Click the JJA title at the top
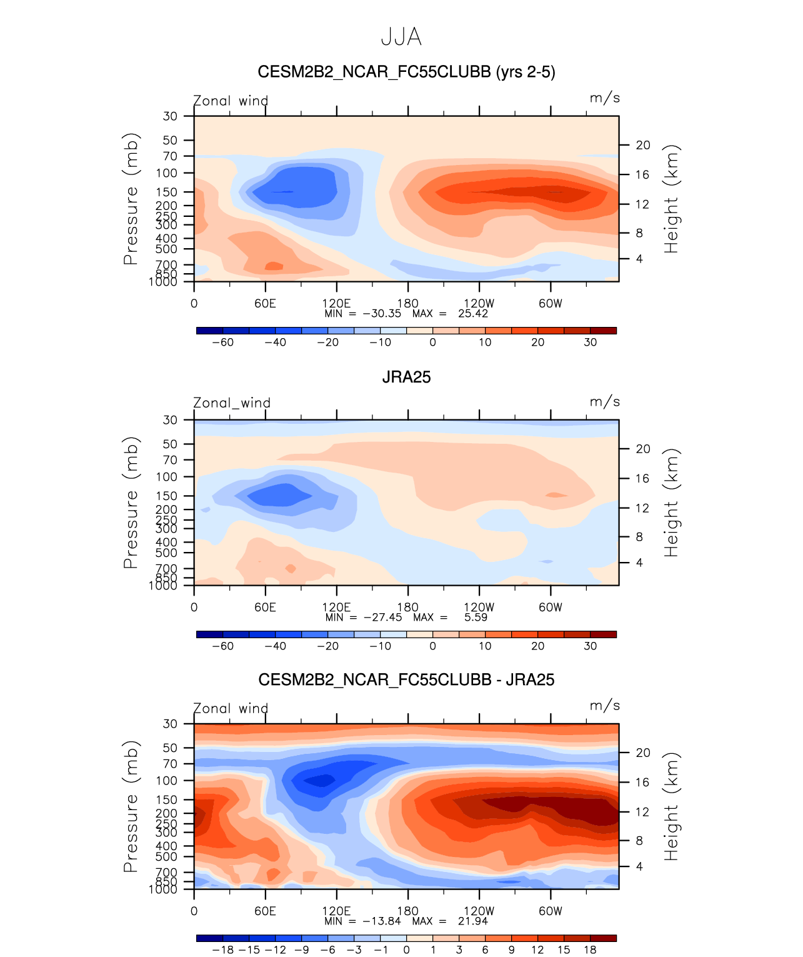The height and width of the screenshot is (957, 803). pos(401,38)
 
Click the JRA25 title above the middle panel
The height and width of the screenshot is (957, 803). pos(406,377)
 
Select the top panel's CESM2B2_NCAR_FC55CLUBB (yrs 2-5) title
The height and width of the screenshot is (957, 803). pos(406,73)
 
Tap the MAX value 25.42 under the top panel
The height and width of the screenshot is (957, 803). pos(472,313)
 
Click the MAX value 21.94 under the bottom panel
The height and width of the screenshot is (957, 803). pos(472,921)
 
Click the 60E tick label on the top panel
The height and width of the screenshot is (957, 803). pos(265,304)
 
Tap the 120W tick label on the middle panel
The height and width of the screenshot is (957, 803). pos(479,607)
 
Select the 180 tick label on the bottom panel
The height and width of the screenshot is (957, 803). pos(408,911)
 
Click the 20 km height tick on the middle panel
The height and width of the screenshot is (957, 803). pos(643,449)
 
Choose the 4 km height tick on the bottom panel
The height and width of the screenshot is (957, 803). pos(639,866)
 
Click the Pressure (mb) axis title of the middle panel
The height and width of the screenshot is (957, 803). pos(131,503)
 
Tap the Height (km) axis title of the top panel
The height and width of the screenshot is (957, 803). pos(671,199)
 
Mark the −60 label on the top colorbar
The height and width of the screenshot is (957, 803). pos(222,342)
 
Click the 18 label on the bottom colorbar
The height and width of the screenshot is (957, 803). pos(590,949)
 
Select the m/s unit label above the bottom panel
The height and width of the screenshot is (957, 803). pos(604,706)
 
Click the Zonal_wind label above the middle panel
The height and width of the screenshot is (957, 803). pos(232,403)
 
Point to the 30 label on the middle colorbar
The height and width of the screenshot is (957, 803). pos(590,646)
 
